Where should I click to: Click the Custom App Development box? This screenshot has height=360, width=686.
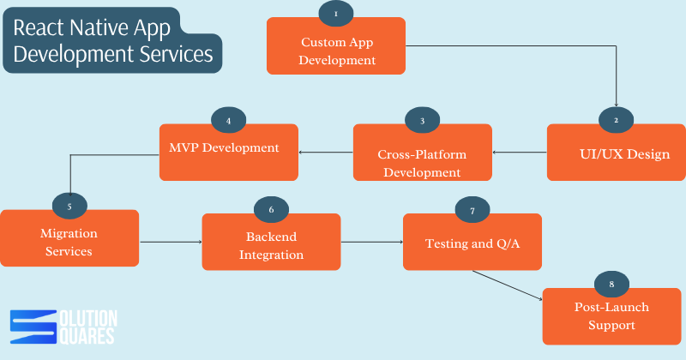[x=337, y=46]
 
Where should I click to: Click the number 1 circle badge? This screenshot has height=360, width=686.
[x=335, y=14]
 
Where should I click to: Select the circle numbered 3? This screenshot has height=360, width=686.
[x=422, y=121]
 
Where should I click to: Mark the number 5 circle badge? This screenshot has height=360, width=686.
[x=69, y=206]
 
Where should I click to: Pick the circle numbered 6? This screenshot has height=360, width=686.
[x=271, y=209]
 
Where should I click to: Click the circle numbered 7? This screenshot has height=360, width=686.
[x=472, y=209]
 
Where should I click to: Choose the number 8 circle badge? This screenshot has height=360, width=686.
[x=611, y=283]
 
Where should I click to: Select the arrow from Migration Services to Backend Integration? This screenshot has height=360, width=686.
[x=170, y=243]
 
